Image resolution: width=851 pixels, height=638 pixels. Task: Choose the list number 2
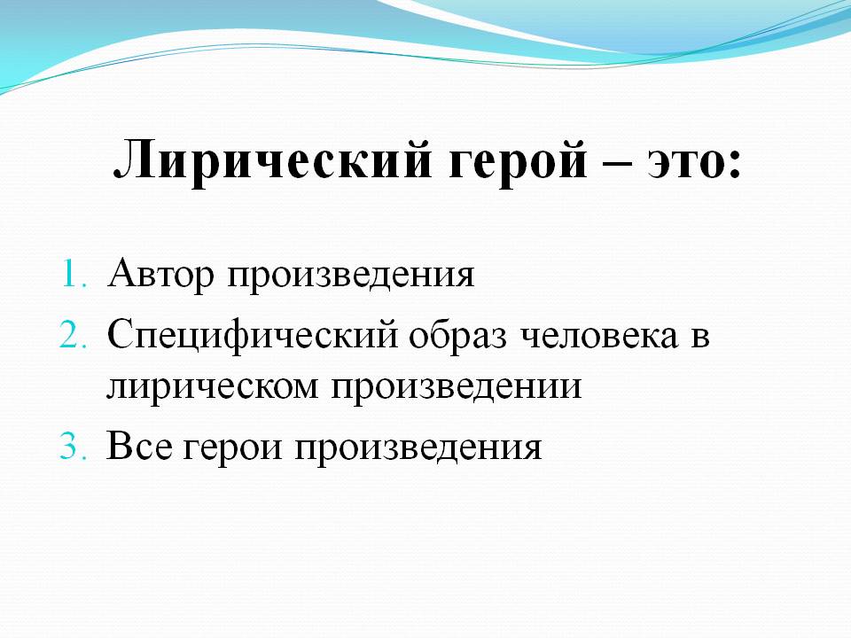coord(73,335)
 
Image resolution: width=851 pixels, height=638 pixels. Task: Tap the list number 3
coord(73,447)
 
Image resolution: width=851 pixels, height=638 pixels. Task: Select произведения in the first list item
coord(351,277)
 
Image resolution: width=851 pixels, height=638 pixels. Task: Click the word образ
coord(457,337)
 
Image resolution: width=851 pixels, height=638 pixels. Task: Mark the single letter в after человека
coord(700,338)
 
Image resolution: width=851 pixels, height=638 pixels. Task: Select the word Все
coord(139,447)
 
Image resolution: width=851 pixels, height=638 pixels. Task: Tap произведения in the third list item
coord(418,449)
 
